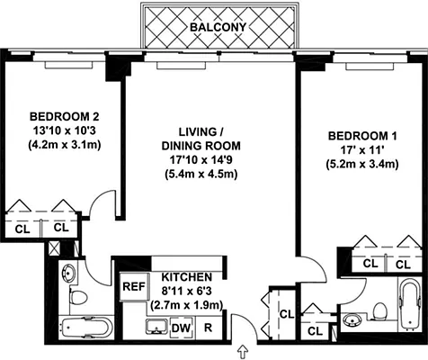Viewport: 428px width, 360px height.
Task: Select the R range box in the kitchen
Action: pyautogui.click(x=208, y=328)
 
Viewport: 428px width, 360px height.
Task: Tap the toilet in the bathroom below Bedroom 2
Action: pyautogui.click(x=78, y=296)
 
